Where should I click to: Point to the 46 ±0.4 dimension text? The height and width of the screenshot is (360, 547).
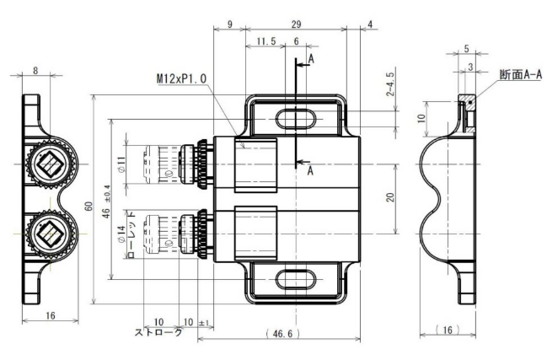[105, 201]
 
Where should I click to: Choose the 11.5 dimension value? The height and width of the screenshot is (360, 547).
[265, 40]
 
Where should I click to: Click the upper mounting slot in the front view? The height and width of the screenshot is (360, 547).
[295, 116]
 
